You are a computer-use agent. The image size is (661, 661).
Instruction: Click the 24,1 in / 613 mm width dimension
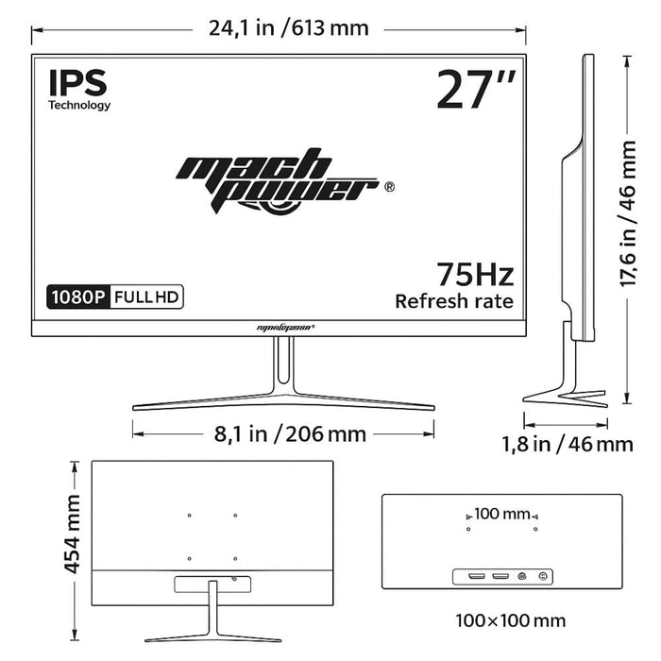click(x=288, y=27)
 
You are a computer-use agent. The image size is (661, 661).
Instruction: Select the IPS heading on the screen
click(x=77, y=82)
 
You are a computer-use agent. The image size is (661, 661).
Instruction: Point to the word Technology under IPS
click(x=79, y=106)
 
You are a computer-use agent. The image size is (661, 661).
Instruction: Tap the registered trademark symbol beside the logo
click(x=389, y=187)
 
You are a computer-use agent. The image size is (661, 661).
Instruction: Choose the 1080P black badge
click(x=77, y=297)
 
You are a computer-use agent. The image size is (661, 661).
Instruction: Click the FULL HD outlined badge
click(x=146, y=297)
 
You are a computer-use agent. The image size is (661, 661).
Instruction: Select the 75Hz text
click(x=475, y=275)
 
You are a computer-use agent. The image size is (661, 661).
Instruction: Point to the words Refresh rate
click(x=454, y=301)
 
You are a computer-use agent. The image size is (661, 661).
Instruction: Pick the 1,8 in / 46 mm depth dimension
click(x=567, y=443)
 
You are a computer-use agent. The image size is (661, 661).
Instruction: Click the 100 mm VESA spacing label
click(x=502, y=515)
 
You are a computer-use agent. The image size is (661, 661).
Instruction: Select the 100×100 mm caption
click(x=510, y=620)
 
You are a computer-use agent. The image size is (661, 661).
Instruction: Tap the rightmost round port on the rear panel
click(x=542, y=576)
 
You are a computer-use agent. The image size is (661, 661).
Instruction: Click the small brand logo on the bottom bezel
click(x=285, y=327)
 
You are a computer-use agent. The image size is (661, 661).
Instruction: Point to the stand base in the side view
click(x=565, y=395)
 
